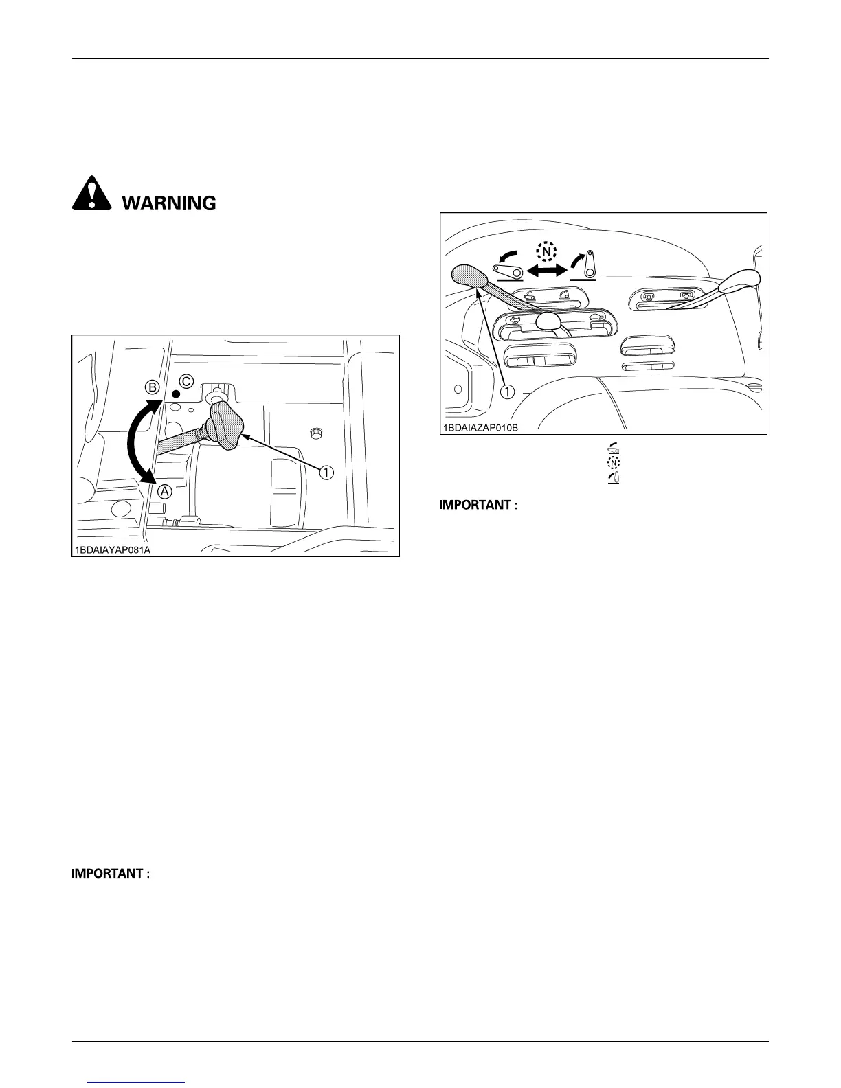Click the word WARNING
[169, 203]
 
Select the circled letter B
[153, 387]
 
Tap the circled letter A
[165, 492]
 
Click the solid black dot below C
[176, 394]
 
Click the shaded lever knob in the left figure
[227, 426]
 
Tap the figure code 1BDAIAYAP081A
[112, 550]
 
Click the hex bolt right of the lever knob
[315, 433]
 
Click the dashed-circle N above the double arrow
[546, 252]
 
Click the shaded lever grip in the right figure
[469, 276]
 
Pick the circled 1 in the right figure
[507, 392]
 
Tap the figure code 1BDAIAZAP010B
[479, 427]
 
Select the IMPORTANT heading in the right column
[478, 506]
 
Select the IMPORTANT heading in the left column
[111, 874]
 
